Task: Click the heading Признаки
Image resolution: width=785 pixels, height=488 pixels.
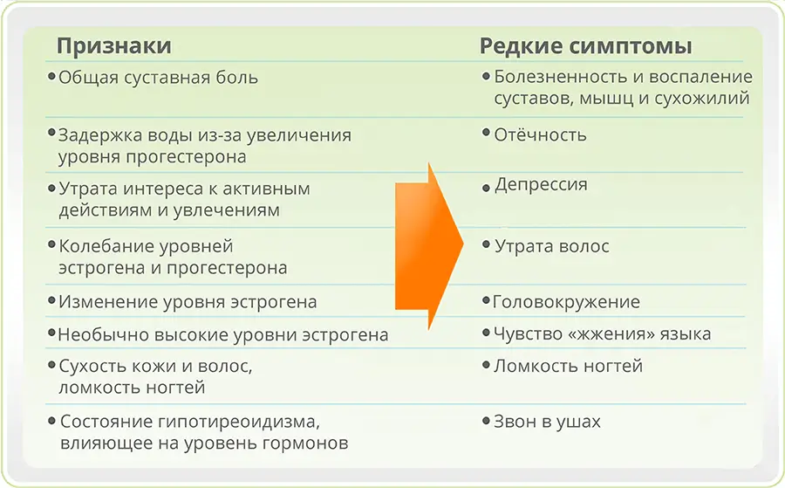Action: tap(114, 46)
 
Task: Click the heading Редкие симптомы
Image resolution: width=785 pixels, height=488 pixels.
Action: tap(586, 46)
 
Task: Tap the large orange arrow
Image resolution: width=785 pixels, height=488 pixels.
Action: tap(429, 245)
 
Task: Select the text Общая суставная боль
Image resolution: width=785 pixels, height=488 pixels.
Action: tap(158, 79)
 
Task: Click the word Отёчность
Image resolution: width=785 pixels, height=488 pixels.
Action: tap(540, 134)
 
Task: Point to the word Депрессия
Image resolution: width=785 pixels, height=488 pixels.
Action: tap(541, 185)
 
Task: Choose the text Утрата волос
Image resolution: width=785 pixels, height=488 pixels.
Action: tap(552, 246)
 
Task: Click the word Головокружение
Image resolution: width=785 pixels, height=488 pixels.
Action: tap(566, 302)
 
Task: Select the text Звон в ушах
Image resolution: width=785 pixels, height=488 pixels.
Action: tap(547, 422)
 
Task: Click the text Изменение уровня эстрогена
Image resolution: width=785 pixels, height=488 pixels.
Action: tap(188, 302)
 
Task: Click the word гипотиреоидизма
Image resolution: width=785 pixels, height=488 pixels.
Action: tap(239, 422)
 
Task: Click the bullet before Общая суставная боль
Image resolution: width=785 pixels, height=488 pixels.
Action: tap(51, 77)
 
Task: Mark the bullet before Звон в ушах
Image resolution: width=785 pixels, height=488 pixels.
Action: tap(486, 421)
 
